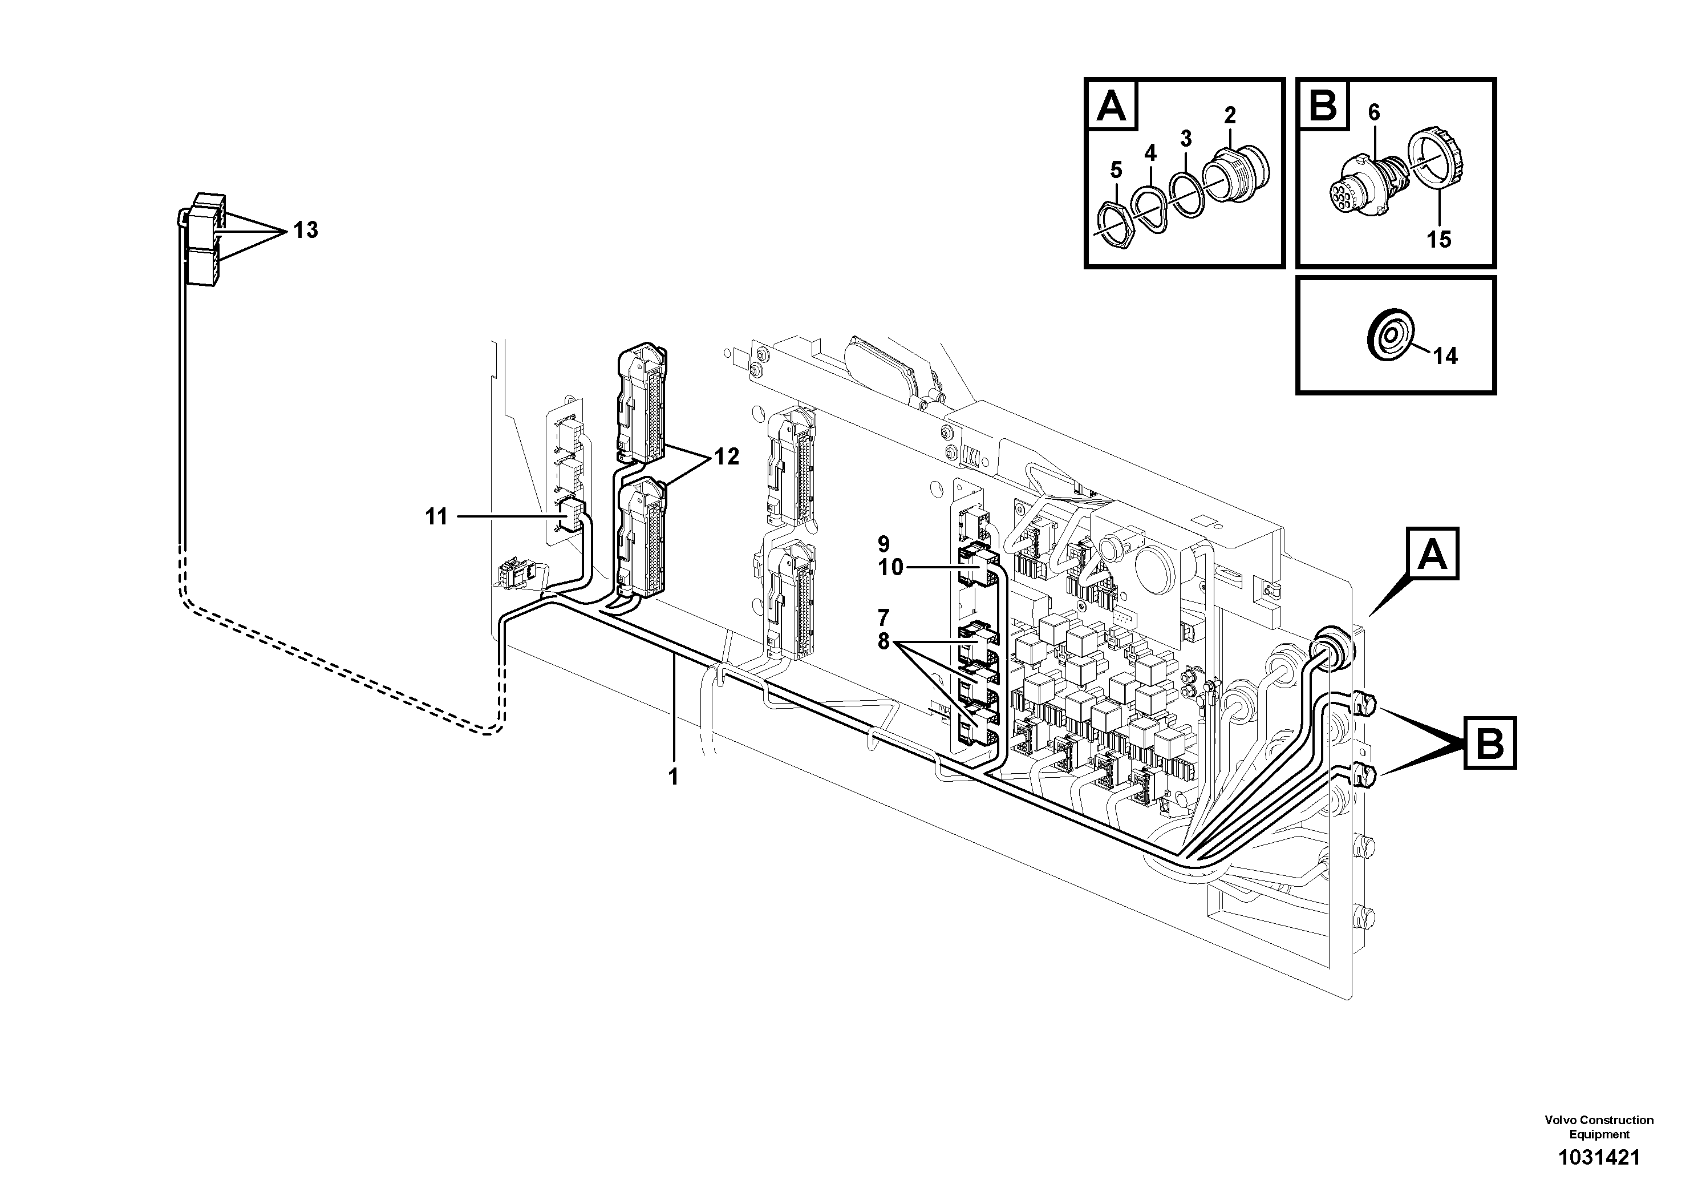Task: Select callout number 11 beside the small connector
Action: [436, 516]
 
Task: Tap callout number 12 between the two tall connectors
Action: [726, 456]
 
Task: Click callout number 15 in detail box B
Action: [1438, 239]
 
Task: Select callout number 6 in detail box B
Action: [1373, 112]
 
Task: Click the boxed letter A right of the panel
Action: [1434, 553]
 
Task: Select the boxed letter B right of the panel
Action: [1489, 743]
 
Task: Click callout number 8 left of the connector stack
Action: [883, 641]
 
